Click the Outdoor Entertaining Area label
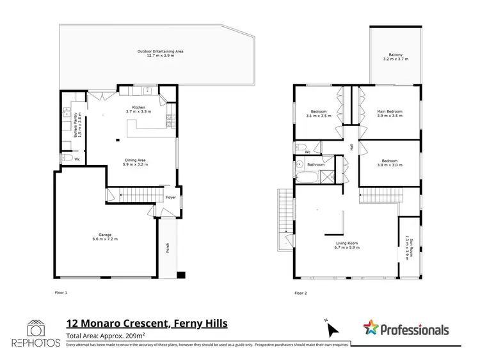tap(156, 54)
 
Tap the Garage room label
tap(104, 237)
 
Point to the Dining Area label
tap(136, 162)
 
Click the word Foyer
tap(170, 198)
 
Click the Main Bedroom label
tap(389, 113)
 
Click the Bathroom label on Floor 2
tap(316, 164)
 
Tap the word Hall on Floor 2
tap(351, 147)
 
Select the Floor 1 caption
tap(61, 292)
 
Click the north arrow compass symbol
tap(332, 329)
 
